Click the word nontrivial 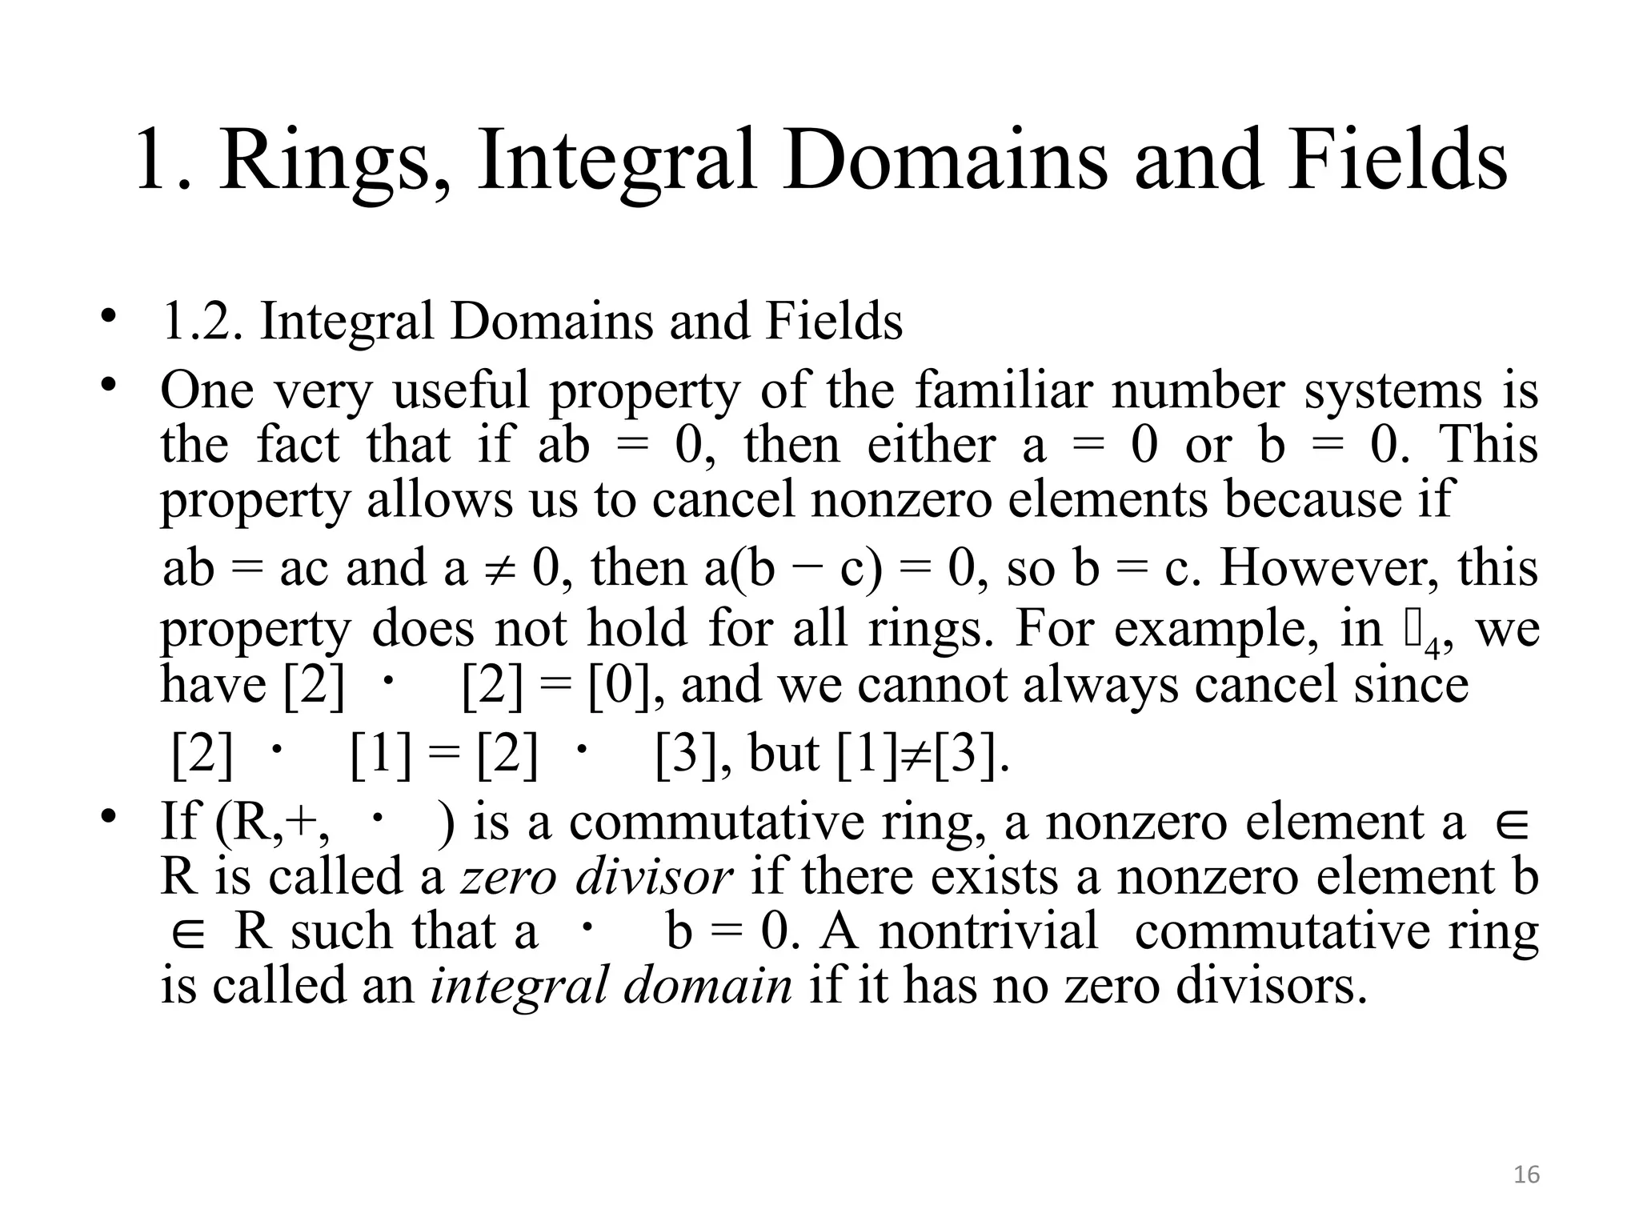[989, 931]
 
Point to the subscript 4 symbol [1432, 647]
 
